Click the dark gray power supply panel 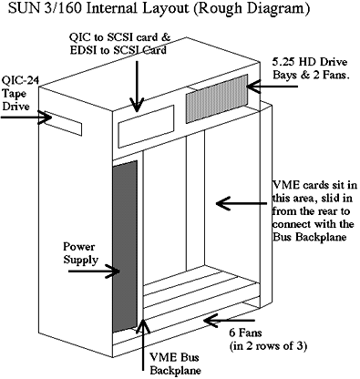(x=125, y=247)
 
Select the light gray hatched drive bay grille (x=217, y=98)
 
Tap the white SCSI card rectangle (x=146, y=127)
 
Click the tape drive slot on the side (x=65, y=125)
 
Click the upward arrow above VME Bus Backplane (x=142, y=343)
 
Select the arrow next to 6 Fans (x=230, y=321)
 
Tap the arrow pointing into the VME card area (x=242, y=203)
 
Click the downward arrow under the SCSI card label (x=138, y=86)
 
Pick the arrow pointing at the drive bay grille (x=273, y=87)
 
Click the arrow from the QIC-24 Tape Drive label (x=26, y=118)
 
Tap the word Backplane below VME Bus (x=176, y=371)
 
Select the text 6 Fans (x=245, y=333)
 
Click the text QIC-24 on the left (x=20, y=81)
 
